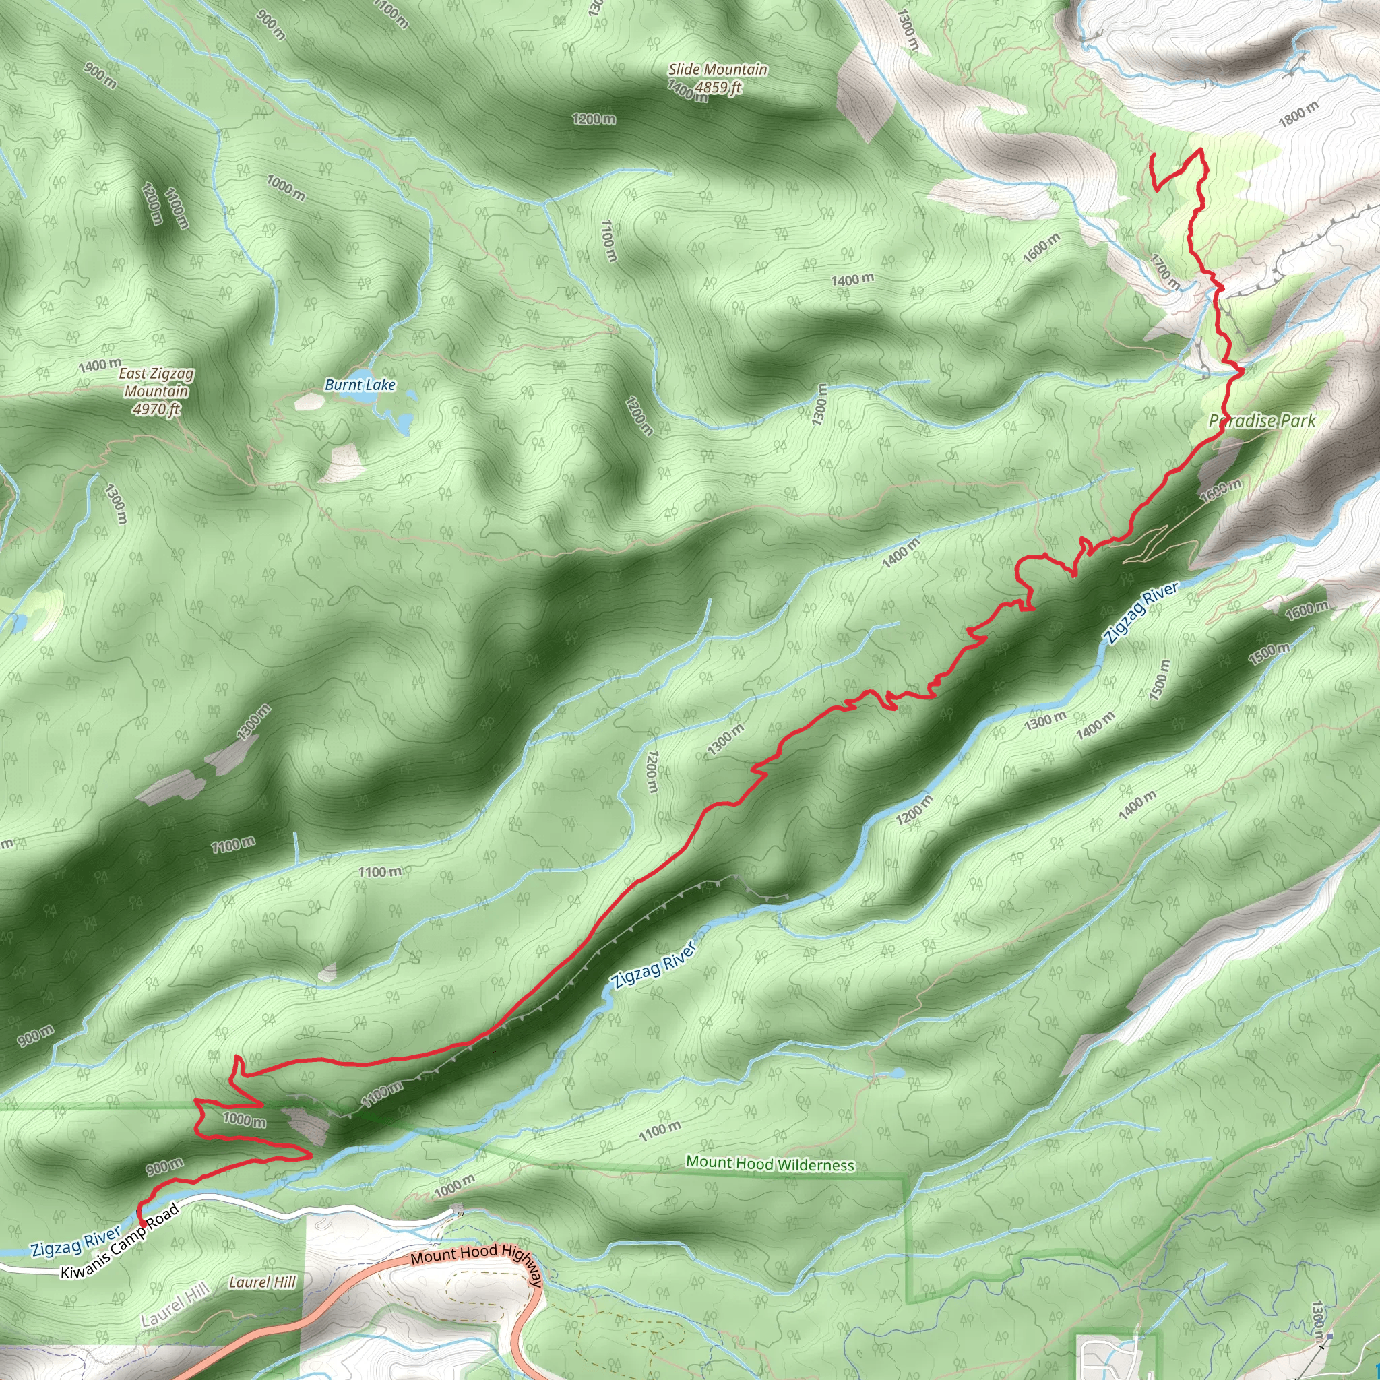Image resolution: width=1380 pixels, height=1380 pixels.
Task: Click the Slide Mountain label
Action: click(717, 69)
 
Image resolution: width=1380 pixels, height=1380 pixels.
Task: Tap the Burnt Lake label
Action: click(360, 385)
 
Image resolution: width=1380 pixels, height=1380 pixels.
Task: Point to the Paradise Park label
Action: click(1262, 420)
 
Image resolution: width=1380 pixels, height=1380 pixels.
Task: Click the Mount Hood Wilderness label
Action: click(770, 1164)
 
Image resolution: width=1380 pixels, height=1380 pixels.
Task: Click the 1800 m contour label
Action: click(1298, 114)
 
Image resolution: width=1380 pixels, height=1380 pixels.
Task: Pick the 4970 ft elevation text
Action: click(156, 409)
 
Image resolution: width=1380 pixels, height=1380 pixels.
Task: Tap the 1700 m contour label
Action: click(1165, 272)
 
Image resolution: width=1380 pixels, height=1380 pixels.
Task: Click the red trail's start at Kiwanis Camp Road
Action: click(142, 1224)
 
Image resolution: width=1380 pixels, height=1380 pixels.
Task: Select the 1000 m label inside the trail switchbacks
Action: click(245, 1119)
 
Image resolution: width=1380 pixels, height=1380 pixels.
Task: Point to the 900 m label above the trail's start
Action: click(165, 1167)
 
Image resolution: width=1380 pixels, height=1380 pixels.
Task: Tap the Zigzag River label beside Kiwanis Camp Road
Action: click(75, 1241)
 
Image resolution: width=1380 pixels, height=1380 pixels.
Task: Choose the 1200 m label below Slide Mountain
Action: click(594, 119)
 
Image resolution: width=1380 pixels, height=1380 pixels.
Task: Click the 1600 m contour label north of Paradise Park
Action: click(1042, 247)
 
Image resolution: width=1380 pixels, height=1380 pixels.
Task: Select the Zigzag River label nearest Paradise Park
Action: click(1141, 613)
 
